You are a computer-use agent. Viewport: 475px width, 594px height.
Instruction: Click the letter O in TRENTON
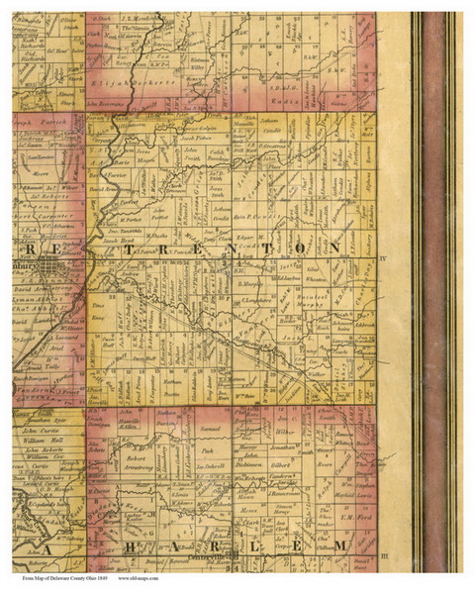point(303,247)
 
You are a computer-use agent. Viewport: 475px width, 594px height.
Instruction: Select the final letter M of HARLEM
point(339,545)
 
